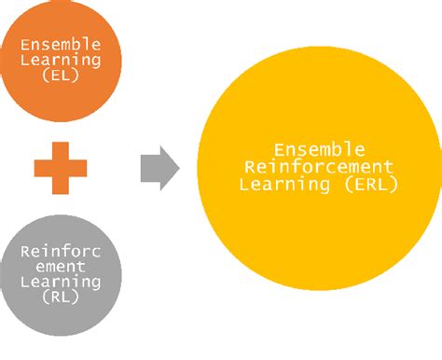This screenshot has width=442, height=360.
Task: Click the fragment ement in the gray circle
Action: (x=61, y=265)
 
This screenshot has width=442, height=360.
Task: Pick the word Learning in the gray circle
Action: (x=61, y=281)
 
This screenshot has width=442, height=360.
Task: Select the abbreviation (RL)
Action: (x=61, y=297)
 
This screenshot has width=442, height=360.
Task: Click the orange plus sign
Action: (x=61, y=169)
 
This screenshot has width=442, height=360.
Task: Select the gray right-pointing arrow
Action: (x=159, y=168)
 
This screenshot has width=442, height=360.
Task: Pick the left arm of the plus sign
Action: (x=42, y=169)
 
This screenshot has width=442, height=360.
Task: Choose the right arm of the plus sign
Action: (x=79, y=169)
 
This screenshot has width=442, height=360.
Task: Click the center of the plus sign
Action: (x=61, y=169)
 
